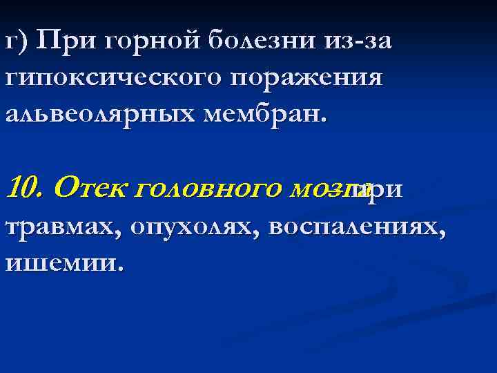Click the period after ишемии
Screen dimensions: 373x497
[x=123, y=268]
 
